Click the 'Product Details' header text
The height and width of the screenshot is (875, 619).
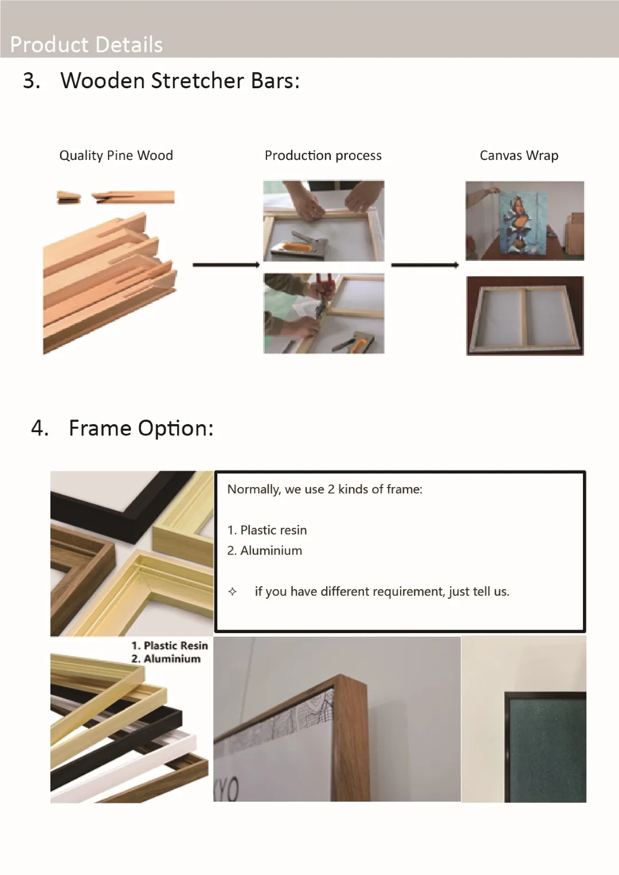point(87,45)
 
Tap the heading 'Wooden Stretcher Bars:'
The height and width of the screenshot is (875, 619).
point(180,81)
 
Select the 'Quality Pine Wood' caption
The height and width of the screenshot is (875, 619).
point(116,155)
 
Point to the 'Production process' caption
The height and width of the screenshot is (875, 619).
point(323,155)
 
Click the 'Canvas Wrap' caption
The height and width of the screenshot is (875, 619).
point(519,155)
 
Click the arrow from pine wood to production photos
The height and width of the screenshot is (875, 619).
point(226,265)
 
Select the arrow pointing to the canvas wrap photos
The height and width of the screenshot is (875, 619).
point(425,265)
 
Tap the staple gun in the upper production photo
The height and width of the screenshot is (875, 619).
point(292,244)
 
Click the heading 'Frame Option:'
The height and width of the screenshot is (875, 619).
point(142,428)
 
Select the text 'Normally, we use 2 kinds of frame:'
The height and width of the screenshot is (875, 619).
point(325,489)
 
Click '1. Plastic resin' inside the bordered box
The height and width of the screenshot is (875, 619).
point(267,530)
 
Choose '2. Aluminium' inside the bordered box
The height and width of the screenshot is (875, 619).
point(265,551)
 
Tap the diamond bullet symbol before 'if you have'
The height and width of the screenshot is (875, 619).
point(233,592)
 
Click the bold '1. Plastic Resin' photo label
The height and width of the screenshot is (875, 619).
point(170,646)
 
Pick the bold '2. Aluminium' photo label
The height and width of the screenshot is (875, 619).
point(166,659)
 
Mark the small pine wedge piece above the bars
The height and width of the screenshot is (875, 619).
point(69,197)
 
